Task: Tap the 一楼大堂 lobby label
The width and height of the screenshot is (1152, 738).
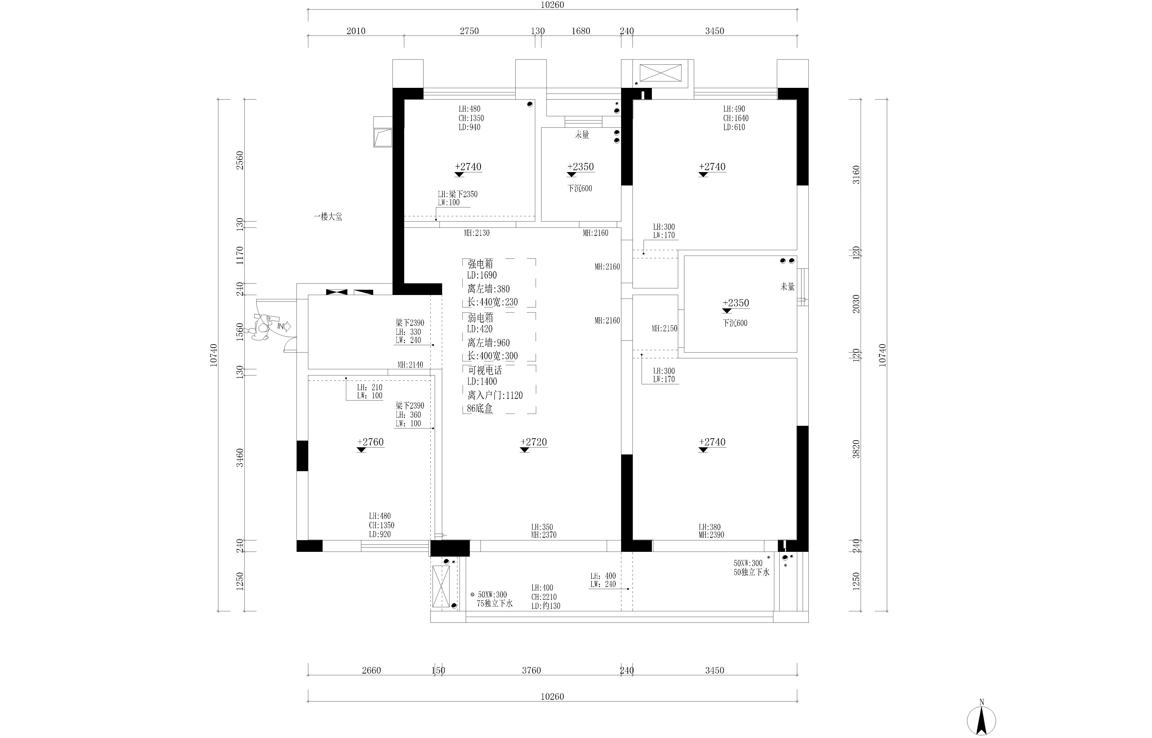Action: click(x=328, y=217)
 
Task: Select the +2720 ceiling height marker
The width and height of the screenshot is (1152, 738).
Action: click(x=534, y=442)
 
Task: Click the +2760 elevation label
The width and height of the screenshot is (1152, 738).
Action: click(x=370, y=442)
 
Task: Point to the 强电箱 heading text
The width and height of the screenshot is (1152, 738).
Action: click(x=481, y=264)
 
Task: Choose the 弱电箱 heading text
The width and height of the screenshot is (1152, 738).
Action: click(x=481, y=317)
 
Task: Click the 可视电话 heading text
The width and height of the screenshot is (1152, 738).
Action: click(x=485, y=370)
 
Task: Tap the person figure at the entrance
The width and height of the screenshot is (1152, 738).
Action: click(x=262, y=327)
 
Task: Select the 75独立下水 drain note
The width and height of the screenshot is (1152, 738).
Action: click(x=495, y=603)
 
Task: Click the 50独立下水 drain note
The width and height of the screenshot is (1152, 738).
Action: click(x=752, y=572)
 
